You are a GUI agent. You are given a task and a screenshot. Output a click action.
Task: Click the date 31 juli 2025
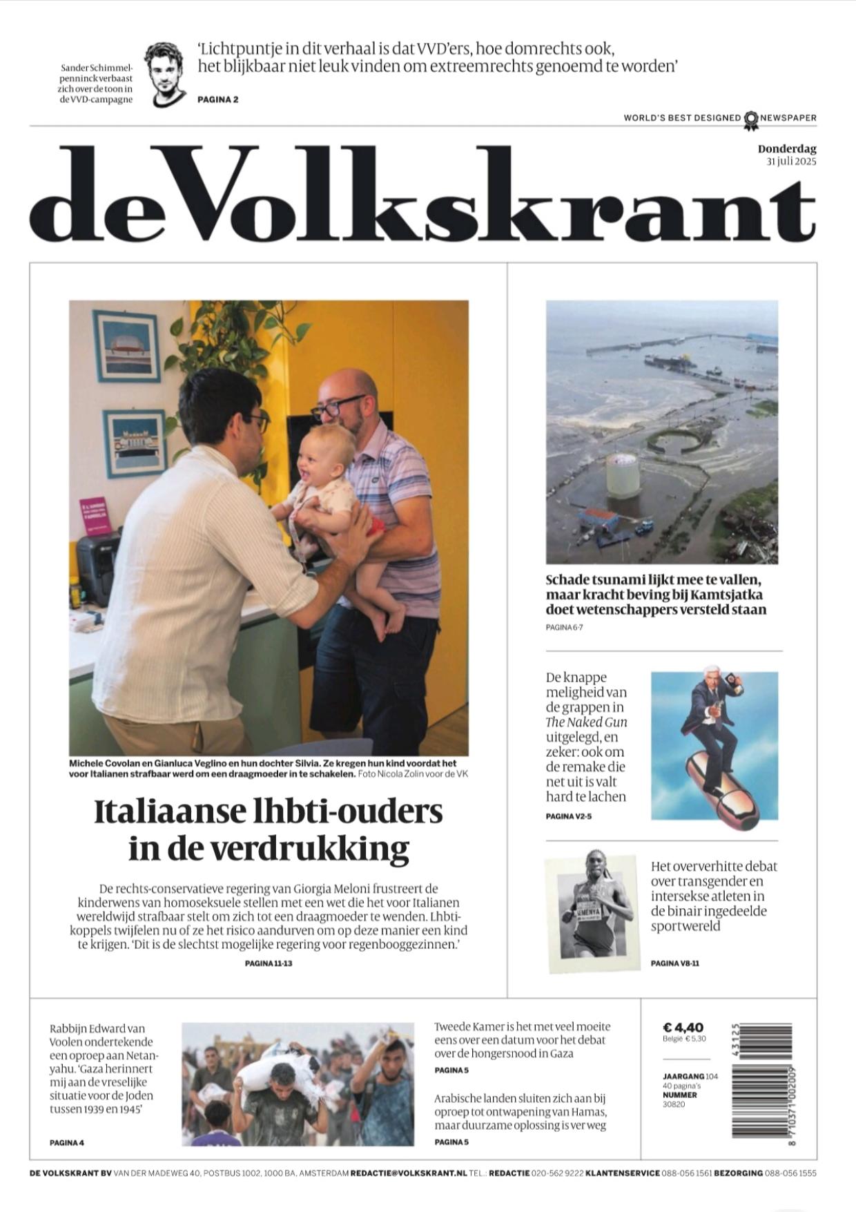point(791,162)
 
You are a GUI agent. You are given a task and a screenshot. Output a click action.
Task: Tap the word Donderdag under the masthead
point(787,148)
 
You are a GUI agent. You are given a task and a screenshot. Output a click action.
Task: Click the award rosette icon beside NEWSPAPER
point(750,119)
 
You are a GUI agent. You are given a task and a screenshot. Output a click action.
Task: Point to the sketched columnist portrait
point(165,74)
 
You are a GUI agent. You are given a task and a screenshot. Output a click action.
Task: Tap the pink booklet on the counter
point(95,516)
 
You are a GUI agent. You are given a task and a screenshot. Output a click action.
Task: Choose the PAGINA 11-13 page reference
point(269,963)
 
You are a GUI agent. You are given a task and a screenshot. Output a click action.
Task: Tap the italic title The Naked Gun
point(586,722)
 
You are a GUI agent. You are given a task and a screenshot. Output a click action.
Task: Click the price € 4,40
point(683,1028)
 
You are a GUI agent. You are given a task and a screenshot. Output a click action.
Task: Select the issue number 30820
point(674,1104)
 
